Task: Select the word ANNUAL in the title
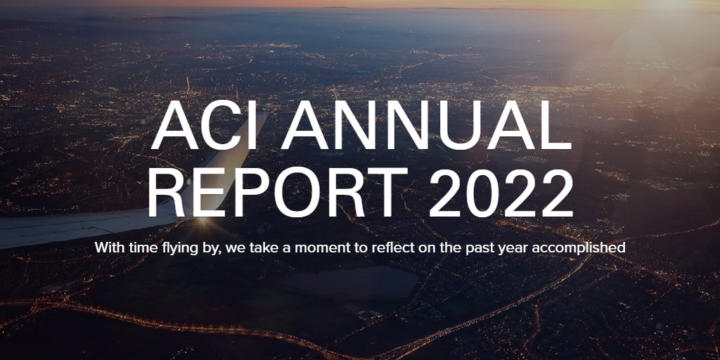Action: pyautogui.click(x=427, y=125)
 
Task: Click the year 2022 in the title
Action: pyautogui.click(x=501, y=193)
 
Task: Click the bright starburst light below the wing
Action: pyautogui.click(x=202, y=221)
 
